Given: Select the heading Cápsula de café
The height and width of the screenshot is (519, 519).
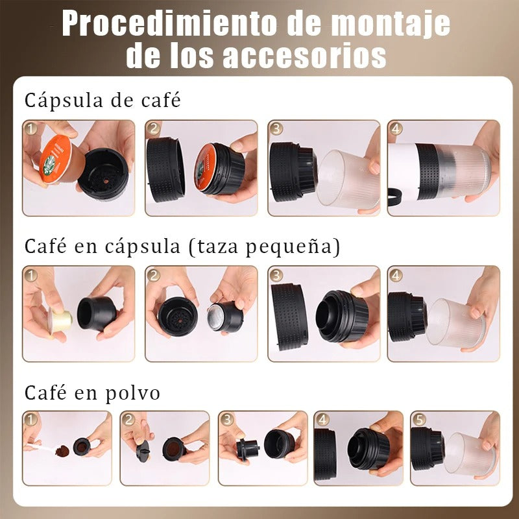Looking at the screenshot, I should tap(102, 101).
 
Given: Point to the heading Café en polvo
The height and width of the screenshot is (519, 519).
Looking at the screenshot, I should tap(92, 393).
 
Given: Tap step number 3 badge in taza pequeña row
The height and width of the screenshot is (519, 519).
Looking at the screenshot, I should tap(277, 275).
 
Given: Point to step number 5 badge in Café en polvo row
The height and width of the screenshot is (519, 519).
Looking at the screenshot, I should tap(419, 420).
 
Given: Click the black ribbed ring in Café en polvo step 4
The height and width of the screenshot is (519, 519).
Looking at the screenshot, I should tap(326, 453).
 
